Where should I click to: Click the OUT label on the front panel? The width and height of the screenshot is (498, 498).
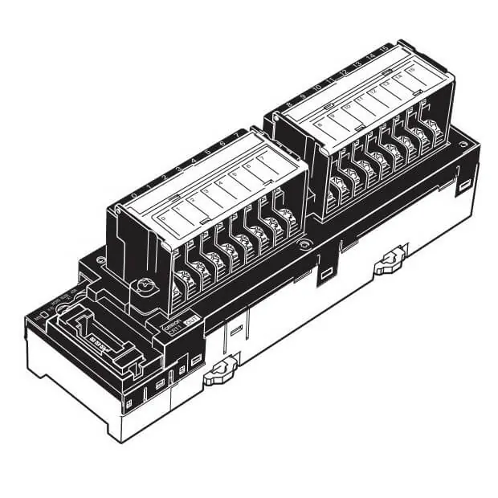coord(192,321)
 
